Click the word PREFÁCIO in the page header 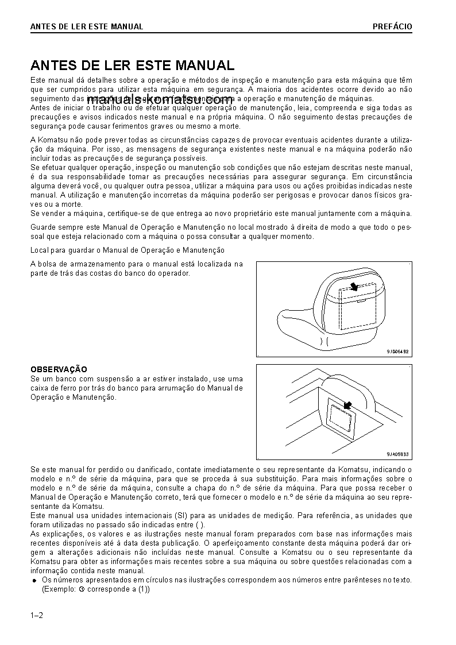(x=392, y=26)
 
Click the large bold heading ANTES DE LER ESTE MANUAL (x=132, y=65)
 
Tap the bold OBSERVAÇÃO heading (x=58, y=369)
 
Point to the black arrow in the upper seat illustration (x=354, y=285)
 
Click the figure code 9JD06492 (x=397, y=352)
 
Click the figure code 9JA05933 (x=397, y=453)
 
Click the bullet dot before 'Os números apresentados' (x=34, y=581)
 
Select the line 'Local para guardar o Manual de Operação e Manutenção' (x=127, y=250)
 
